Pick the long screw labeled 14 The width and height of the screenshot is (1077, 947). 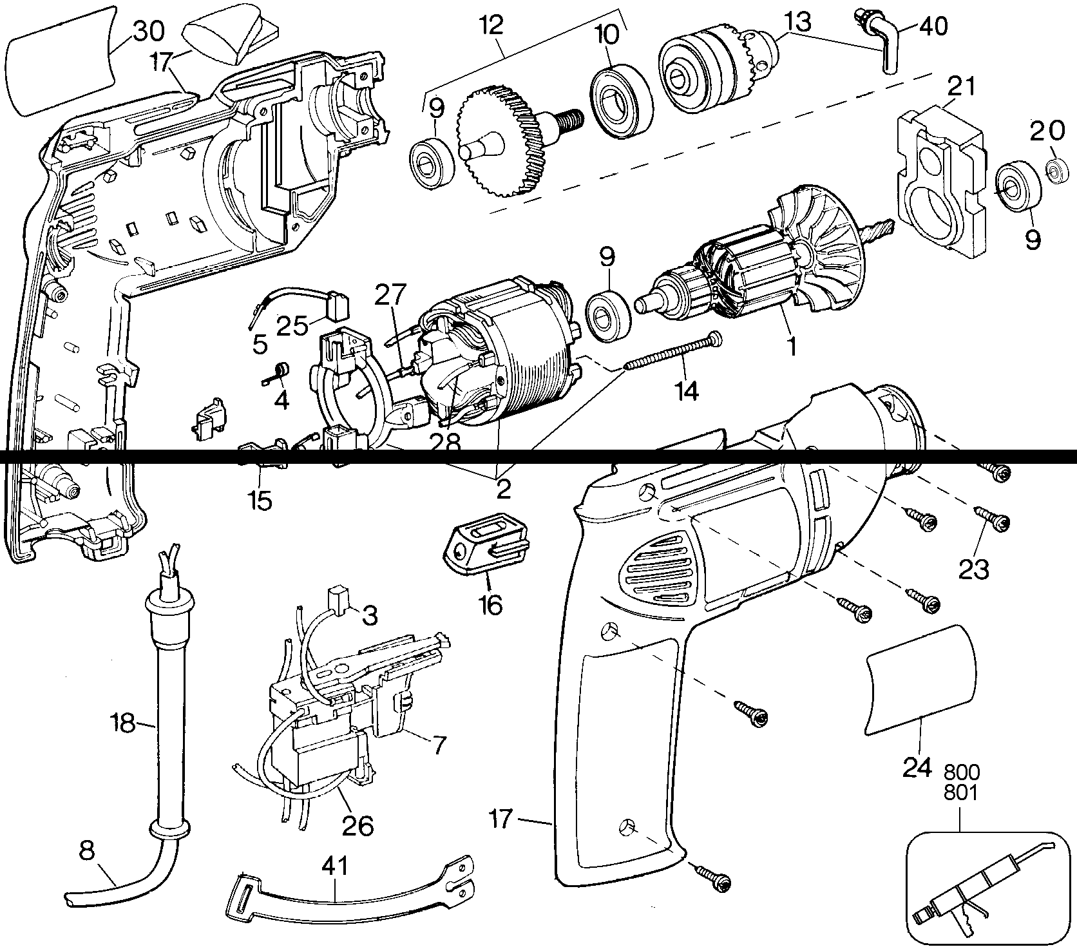coord(674,350)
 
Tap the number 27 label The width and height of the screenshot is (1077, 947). coord(390,295)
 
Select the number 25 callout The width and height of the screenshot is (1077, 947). coord(294,325)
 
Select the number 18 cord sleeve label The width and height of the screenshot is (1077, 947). coord(122,723)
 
